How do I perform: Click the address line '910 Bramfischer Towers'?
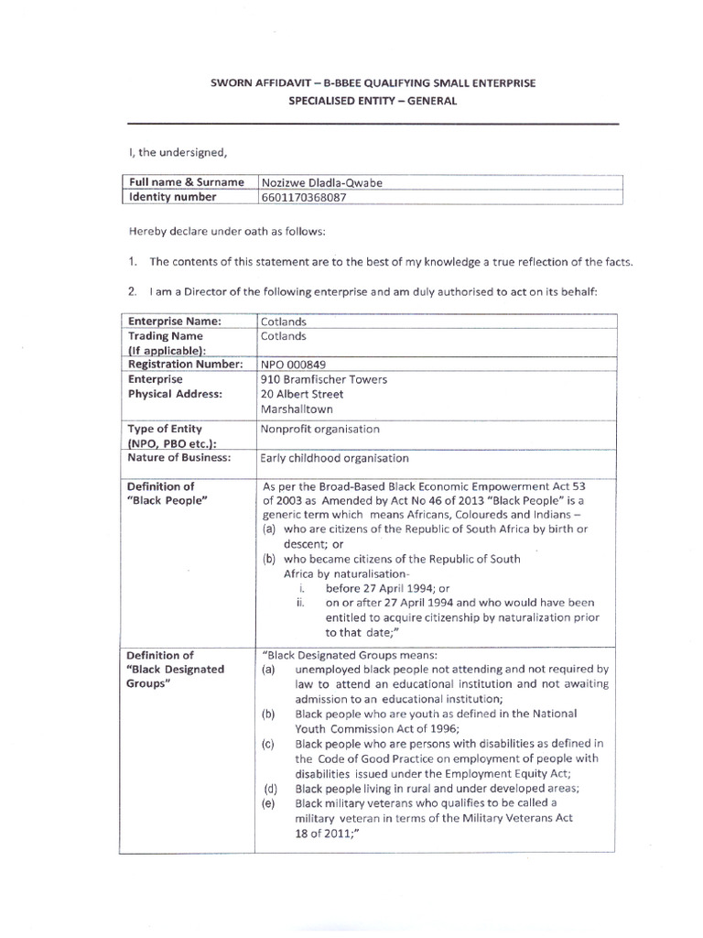click(324, 378)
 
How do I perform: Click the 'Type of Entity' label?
click(166, 429)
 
